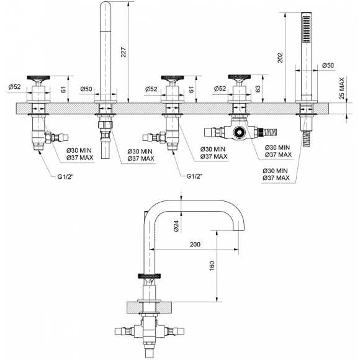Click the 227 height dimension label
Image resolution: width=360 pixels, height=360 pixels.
(124, 52)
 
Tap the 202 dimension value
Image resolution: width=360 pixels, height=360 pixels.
(280, 58)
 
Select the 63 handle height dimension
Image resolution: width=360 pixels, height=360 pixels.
(258, 89)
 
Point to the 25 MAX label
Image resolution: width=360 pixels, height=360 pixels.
(342, 88)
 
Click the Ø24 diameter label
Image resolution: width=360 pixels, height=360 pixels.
(176, 226)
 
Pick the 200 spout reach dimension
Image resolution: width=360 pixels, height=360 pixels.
(195, 245)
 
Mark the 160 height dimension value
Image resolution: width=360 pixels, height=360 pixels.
(212, 266)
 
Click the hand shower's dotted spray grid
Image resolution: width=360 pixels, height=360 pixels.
(306, 29)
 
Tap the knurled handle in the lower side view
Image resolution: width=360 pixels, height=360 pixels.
(149, 276)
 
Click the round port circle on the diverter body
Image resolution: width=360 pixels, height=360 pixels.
(240, 132)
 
